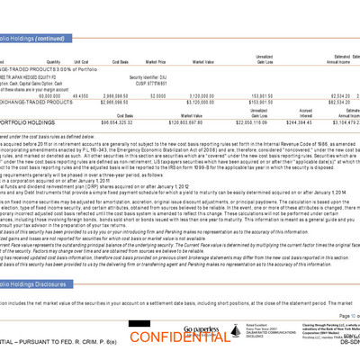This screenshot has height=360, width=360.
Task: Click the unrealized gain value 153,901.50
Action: pyautogui.click(x=269, y=93)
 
